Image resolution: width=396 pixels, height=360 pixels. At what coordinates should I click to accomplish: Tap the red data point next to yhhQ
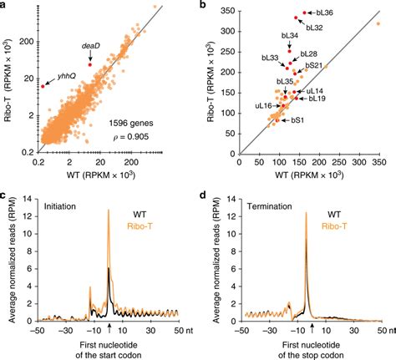[x=43, y=85]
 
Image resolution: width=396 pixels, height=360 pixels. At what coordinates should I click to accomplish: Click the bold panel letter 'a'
[x=4, y=5]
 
